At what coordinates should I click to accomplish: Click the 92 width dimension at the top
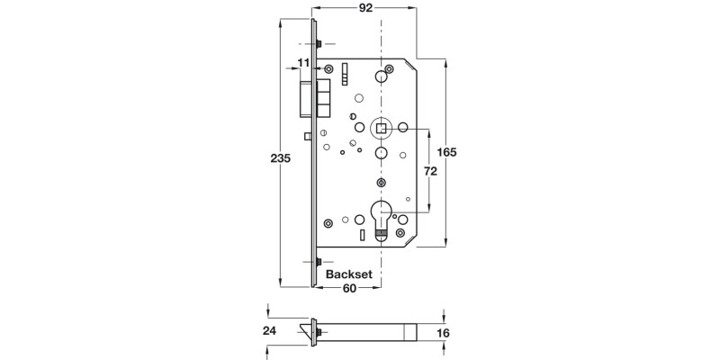click(x=364, y=9)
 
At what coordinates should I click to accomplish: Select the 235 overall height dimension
click(x=282, y=158)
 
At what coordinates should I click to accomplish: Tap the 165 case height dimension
click(x=447, y=151)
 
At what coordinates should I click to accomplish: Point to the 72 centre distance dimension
click(x=429, y=171)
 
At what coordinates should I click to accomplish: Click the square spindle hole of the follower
click(x=382, y=129)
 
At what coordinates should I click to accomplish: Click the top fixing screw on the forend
click(x=319, y=44)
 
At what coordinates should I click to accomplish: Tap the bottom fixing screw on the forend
click(x=319, y=263)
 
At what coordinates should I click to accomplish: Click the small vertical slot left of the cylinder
click(x=362, y=237)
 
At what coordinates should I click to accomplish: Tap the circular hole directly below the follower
click(x=382, y=155)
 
